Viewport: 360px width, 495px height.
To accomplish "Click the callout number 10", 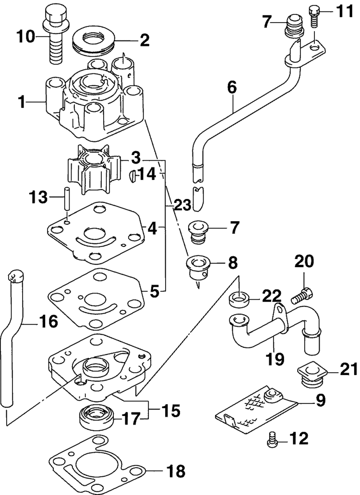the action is click(x=26, y=37).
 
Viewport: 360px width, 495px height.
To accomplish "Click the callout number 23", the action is click(x=181, y=205).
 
